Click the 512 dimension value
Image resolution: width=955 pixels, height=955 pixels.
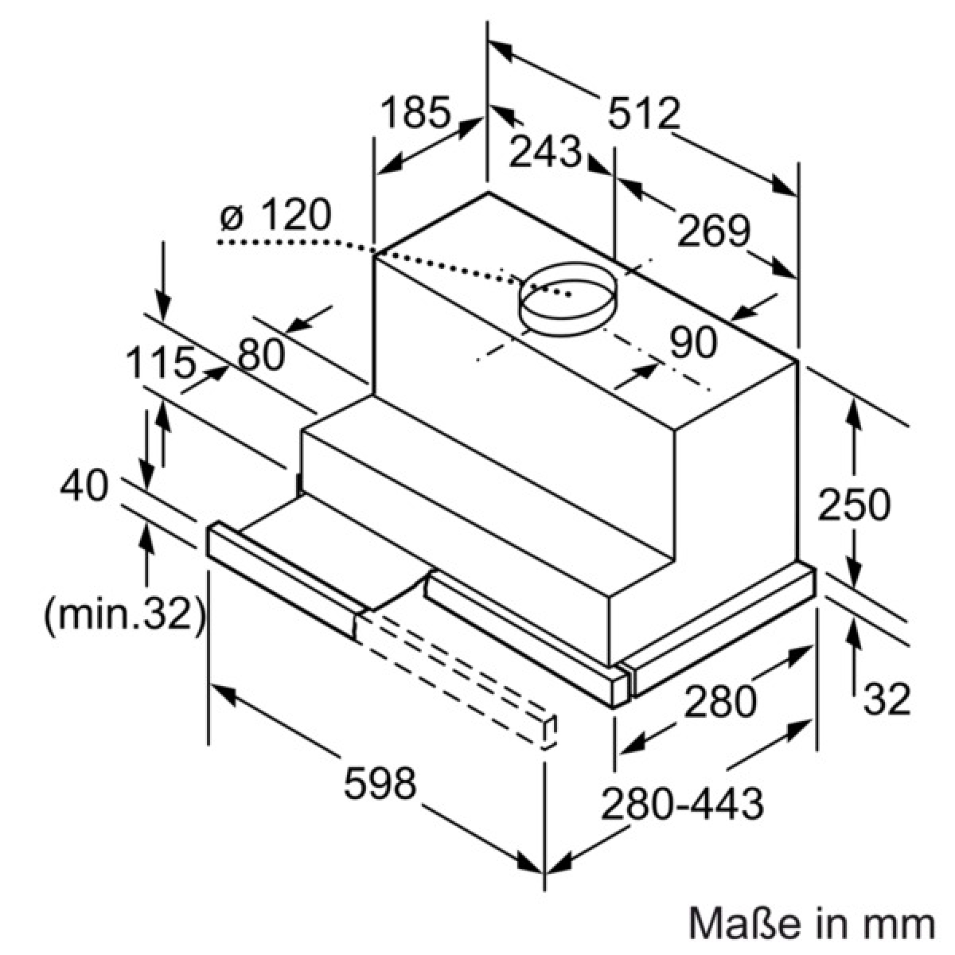(x=644, y=114)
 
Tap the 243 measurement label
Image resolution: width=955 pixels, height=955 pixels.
(x=544, y=150)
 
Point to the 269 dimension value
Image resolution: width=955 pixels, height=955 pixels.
(x=714, y=231)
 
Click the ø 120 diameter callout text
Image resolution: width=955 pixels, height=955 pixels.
(x=275, y=215)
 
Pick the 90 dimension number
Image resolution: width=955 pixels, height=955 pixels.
(x=693, y=342)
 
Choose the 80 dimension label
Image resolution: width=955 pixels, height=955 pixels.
(x=261, y=354)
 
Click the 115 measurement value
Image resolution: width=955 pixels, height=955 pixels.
(x=160, y=363)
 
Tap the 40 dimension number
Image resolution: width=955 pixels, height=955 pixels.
(x=84, y=485)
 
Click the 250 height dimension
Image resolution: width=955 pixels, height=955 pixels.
(x=854, y=504)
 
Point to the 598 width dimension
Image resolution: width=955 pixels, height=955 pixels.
(x=380, y=782)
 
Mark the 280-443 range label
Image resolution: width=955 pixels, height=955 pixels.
(x=682, y=803)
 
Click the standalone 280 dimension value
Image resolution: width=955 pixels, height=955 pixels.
(x=720, y=701)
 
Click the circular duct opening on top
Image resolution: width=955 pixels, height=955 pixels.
(x=568, y=299)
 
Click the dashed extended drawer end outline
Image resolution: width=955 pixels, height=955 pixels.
(x=547, y=732)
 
